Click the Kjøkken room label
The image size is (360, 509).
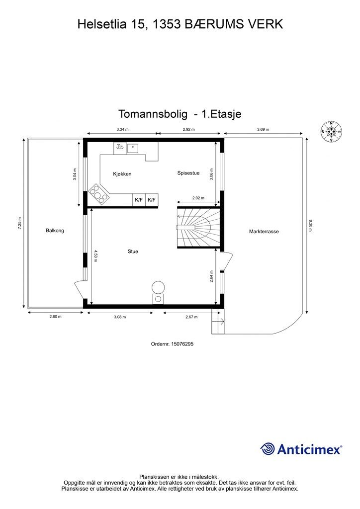coord(122,174)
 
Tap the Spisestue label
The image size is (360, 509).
coord(188,173)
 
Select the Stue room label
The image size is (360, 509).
coord(133,252)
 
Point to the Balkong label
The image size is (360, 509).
coord(55,231)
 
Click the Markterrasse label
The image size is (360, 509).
coord(264,232)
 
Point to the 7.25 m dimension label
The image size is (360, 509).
coord(19,223)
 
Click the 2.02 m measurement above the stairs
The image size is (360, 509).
coord(198,198)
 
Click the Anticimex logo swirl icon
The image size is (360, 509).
coord(268,449)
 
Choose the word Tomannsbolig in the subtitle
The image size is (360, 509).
coord(151,114)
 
